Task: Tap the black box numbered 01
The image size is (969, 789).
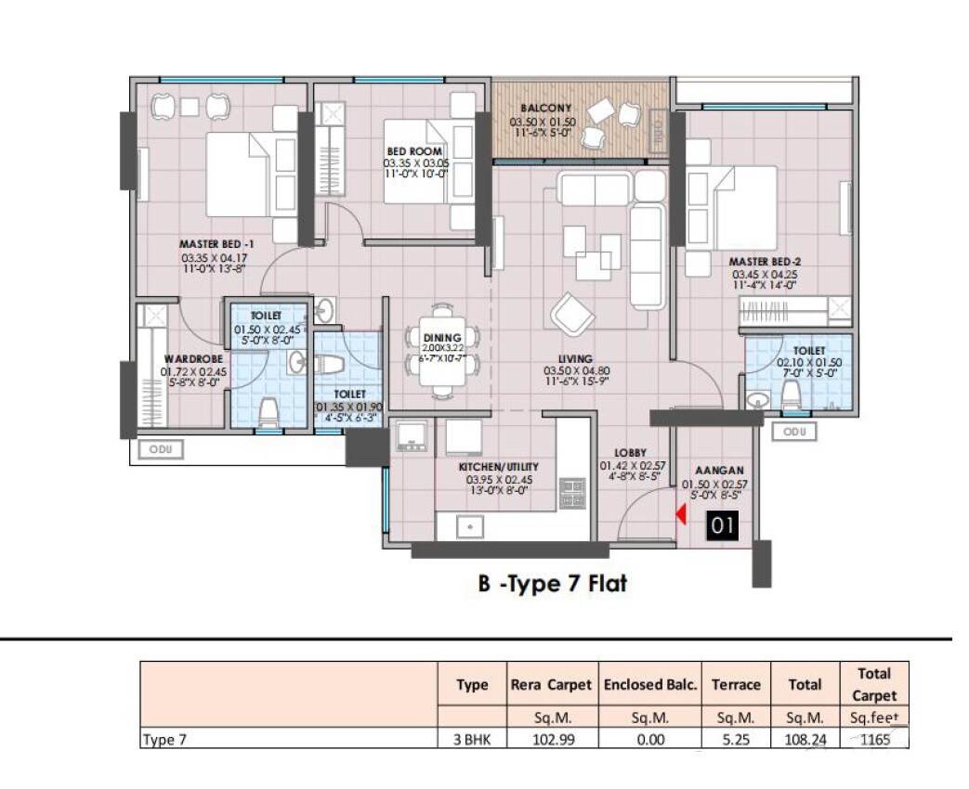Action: point(724,525)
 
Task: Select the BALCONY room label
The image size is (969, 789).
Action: point(545,109)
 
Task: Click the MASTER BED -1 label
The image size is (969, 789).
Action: point(216,245)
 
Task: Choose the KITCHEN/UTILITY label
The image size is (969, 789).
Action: point(499,467)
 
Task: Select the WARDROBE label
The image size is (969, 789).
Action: point(190,358)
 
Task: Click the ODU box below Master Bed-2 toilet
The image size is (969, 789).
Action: point(795,432)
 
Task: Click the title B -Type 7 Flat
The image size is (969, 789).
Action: point(552,584)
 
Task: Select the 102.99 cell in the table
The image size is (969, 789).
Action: point(551,740)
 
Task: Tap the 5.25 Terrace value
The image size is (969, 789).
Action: point(736,740)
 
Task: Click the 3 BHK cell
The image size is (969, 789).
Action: point(472,740)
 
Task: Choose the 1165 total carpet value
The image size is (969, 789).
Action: point(874,740)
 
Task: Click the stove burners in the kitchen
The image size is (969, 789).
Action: point(571,492)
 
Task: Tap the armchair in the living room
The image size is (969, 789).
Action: point(572,314)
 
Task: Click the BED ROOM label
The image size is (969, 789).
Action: point(414,151)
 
